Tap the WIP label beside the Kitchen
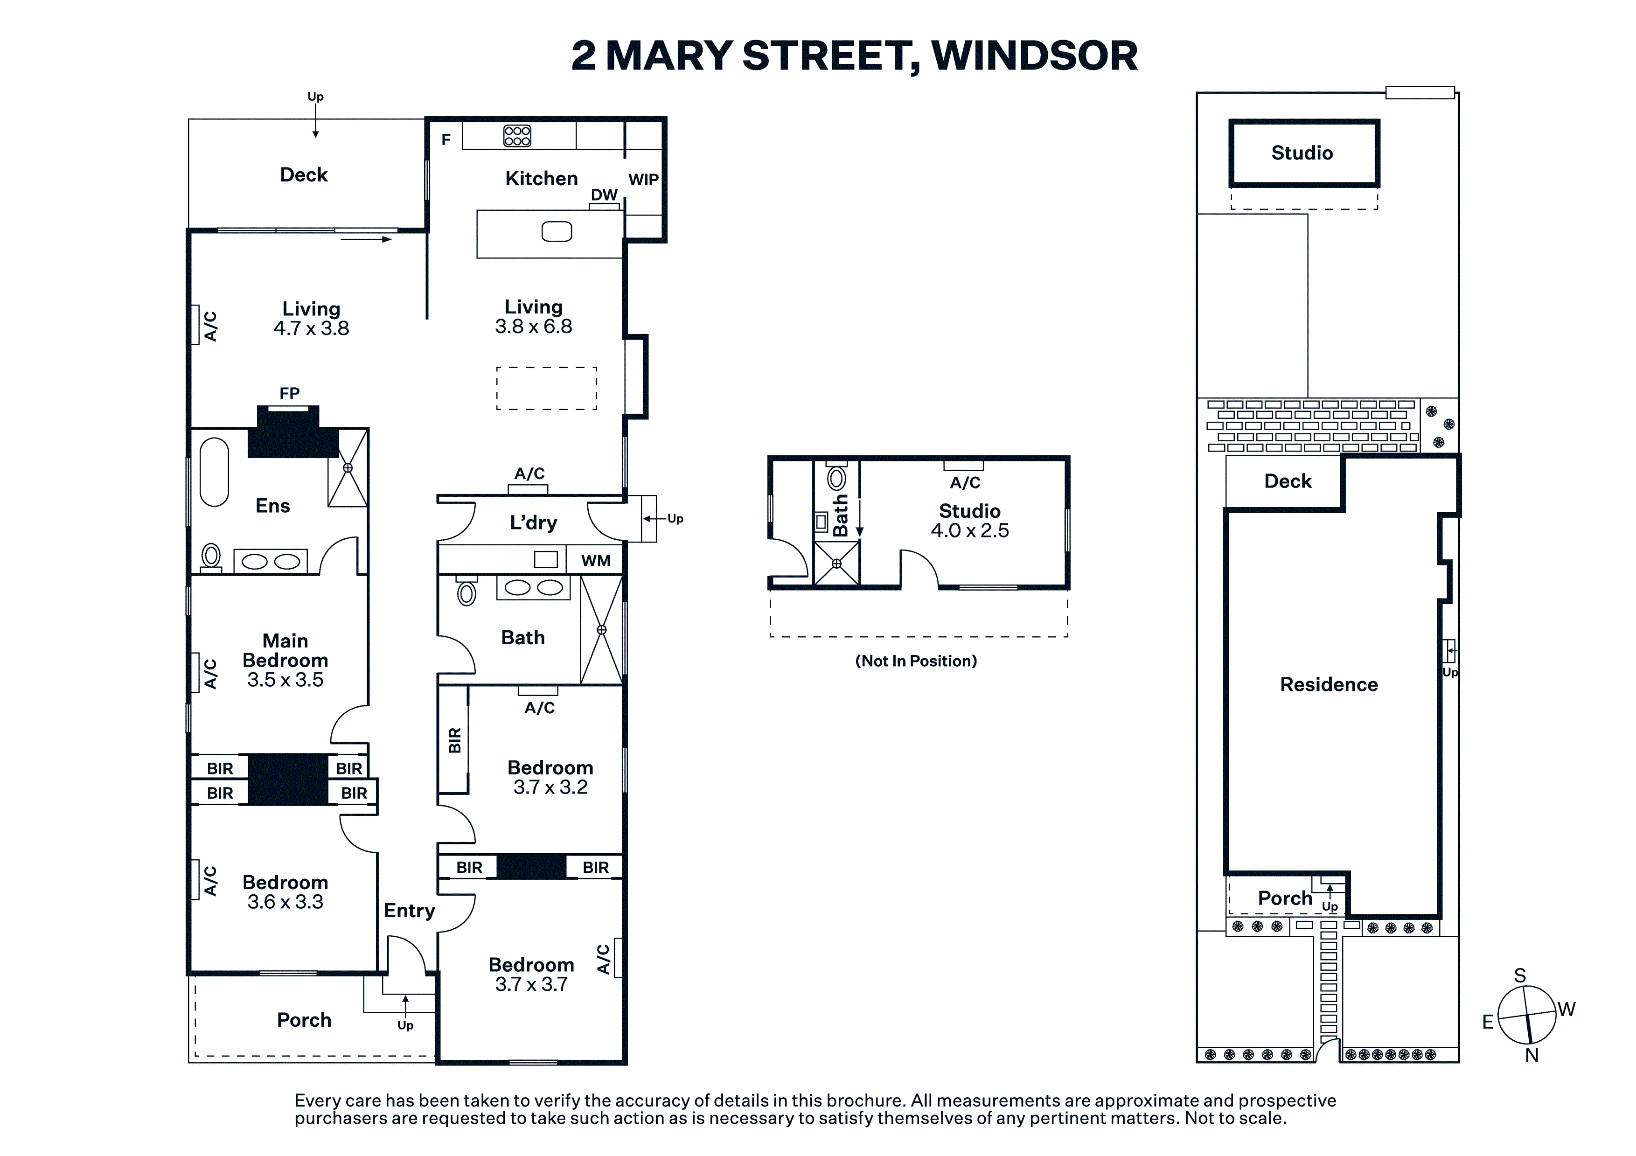[x=643, y=180]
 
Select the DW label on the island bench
[x=604, y=195]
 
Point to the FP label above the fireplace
[x=289, y=393]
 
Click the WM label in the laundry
[x=596, y=561]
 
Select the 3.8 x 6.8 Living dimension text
[x=534, y=327]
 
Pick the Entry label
[x=409, y=911]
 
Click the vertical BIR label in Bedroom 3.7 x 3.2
[x=455, y=740]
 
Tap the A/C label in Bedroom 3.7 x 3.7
[x=603, y=959]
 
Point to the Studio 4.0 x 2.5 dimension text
[x=970, y=530]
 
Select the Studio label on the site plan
[x=1302, y=153]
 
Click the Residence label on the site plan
[x=1329, y=684]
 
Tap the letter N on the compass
[x=1531, y=1056]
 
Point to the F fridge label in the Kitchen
[x=446, y=139]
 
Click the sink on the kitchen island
[x=557, y=232]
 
